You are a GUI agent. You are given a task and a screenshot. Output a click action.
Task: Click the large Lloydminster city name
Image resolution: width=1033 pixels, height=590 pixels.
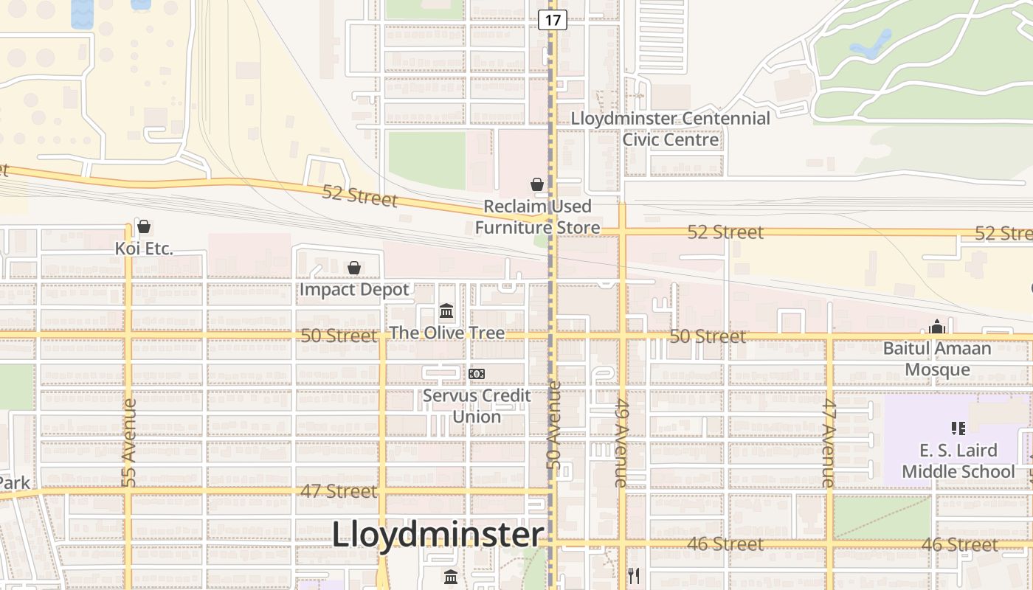click(438, 535)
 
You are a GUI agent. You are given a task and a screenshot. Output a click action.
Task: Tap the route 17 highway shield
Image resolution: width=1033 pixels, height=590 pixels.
click(552, 19)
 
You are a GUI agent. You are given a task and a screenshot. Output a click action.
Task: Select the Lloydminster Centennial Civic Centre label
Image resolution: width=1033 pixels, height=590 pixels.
click(670, 129)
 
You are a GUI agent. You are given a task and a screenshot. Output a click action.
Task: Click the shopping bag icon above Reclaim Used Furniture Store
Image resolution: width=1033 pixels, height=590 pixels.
click(537, 184)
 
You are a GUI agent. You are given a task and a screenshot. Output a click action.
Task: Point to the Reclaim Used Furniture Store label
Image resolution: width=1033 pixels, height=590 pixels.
click(537, 217)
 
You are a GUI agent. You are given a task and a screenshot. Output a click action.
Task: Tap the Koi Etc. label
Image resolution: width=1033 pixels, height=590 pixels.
click(144, 249)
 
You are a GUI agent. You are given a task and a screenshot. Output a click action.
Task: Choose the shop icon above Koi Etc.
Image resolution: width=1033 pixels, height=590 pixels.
click(144, 226)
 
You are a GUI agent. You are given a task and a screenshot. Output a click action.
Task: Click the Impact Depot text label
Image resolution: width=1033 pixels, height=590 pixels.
click(354, 289)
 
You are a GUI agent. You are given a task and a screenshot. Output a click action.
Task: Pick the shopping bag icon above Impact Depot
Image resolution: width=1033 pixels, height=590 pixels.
click(354, 268)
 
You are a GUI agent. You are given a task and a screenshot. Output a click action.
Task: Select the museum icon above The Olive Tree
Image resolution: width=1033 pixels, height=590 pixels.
click(446, 311)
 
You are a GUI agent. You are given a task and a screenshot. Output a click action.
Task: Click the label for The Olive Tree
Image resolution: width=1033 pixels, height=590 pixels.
click(446, 333)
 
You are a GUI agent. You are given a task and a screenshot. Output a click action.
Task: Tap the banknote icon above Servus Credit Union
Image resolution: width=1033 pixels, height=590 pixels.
click(477, 374)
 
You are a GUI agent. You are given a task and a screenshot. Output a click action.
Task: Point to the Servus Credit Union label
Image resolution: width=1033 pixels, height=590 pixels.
click(477, 406)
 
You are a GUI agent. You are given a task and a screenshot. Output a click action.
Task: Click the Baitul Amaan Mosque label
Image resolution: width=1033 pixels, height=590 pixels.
click(937, 358)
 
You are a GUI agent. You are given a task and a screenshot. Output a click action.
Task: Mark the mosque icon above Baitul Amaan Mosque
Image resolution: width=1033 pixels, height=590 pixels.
click(937, 327)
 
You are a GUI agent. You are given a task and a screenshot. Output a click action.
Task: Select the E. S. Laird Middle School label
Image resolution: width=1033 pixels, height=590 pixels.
click(958, 461)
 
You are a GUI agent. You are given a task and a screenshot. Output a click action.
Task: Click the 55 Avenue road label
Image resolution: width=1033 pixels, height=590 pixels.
click(129, 442)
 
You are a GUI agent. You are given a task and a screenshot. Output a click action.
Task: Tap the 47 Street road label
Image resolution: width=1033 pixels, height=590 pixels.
click(339, 491)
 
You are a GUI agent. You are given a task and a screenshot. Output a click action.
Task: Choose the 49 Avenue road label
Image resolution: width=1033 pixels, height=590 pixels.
click(621, 442)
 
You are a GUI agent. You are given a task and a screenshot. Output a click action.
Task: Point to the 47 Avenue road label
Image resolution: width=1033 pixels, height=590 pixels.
click(829, 442)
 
